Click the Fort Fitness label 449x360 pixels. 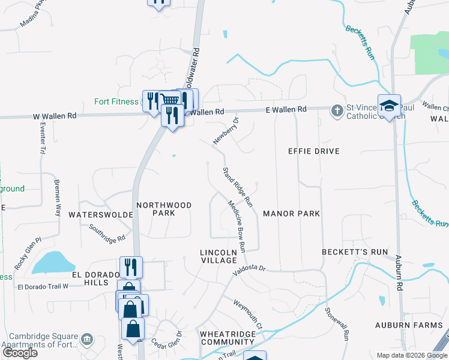click(x=116, y=101)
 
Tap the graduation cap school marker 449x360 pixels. click(x=388, y=106)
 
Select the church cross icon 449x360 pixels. click(x=337, y=110)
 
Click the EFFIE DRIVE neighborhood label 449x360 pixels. click(x=314, y=151)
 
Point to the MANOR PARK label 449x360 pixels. click(x=291, y=214)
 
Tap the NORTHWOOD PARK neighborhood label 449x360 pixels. click(x=164, y=209)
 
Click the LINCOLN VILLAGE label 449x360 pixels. click(x=219, y=256)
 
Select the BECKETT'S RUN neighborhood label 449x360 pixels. click(x=355, y=252)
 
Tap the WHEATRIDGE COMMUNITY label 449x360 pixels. click(x=223, y=338)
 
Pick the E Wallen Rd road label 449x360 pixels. click(x=287, y=109)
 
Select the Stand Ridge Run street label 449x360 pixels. click(x=237, y=184)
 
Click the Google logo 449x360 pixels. click(x=20, y=353)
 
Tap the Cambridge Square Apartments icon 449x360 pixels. click(x=87, y=340)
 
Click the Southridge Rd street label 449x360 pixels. click(x=107, y=233)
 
